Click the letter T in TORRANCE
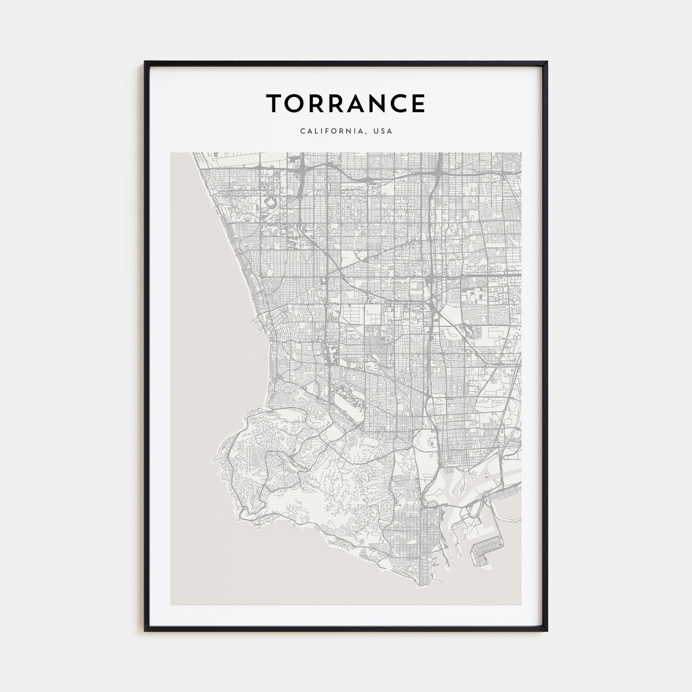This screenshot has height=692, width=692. [x=276, y=103]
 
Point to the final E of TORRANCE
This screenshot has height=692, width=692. [x=417, y=103]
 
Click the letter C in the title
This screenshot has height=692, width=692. [x=398, y=103]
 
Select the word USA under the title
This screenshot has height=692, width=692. [x=383, y=131]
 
